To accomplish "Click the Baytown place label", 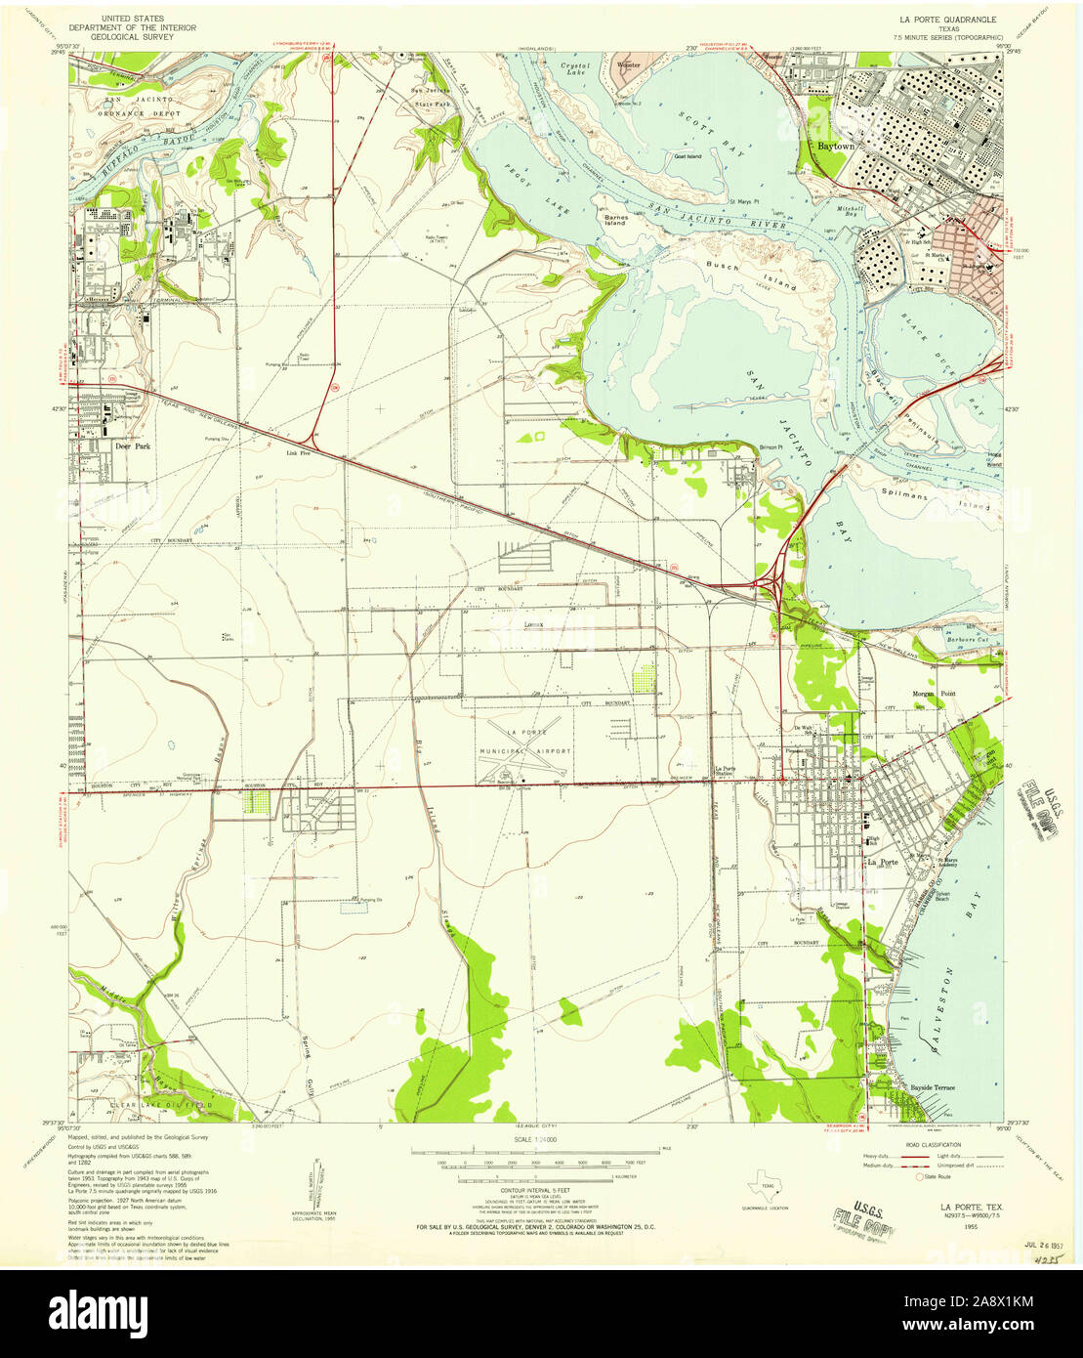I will (835, 146).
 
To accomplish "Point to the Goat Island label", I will (687, 156).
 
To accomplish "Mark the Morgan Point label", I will (918, 693).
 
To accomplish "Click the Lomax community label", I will (533, 622).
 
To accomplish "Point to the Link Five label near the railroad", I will (298, 453).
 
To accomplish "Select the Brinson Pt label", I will (771, 447).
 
